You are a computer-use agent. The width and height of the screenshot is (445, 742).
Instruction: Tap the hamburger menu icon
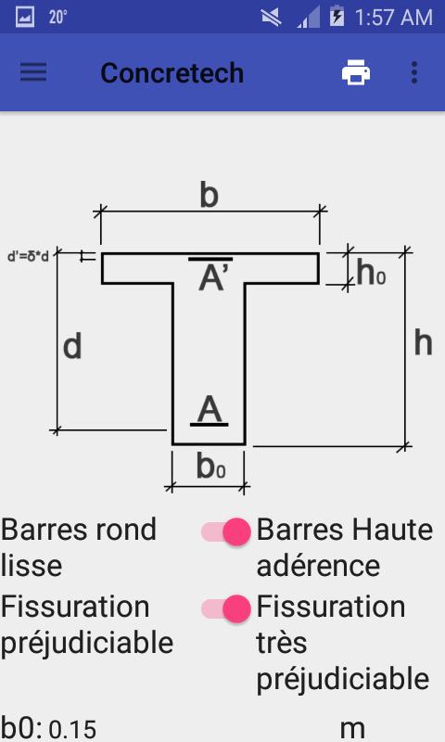(33, 72)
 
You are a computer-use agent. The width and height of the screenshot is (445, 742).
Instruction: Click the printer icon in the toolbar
(356, 72)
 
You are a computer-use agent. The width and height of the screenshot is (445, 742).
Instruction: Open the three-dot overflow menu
(414, 72)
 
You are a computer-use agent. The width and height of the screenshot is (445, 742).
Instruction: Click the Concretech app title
(172, 73)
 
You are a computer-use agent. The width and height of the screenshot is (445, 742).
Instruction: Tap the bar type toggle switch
(226, 531)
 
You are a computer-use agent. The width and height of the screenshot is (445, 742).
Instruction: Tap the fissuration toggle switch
(226, 608)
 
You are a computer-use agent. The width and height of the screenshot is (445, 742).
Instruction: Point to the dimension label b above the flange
(209, 195)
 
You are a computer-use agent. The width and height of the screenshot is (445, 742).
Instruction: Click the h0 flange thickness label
(371, 273)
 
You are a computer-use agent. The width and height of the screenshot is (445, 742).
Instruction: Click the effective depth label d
(72, 346)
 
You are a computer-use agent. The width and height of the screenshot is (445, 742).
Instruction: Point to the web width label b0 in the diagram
(211, 467)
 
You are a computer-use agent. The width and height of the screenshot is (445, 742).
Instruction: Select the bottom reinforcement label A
(210, 410)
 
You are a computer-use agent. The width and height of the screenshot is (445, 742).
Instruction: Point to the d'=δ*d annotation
(28, 257)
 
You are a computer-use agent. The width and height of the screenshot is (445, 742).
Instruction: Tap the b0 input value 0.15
(73, 730)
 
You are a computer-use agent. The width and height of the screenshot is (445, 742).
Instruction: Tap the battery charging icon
(337, 17)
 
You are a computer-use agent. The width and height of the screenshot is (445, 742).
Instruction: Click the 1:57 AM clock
(393, 18)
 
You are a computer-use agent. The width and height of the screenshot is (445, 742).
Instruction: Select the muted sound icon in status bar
(271, 18)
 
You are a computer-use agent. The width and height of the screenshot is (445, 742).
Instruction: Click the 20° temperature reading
(57, 18)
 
